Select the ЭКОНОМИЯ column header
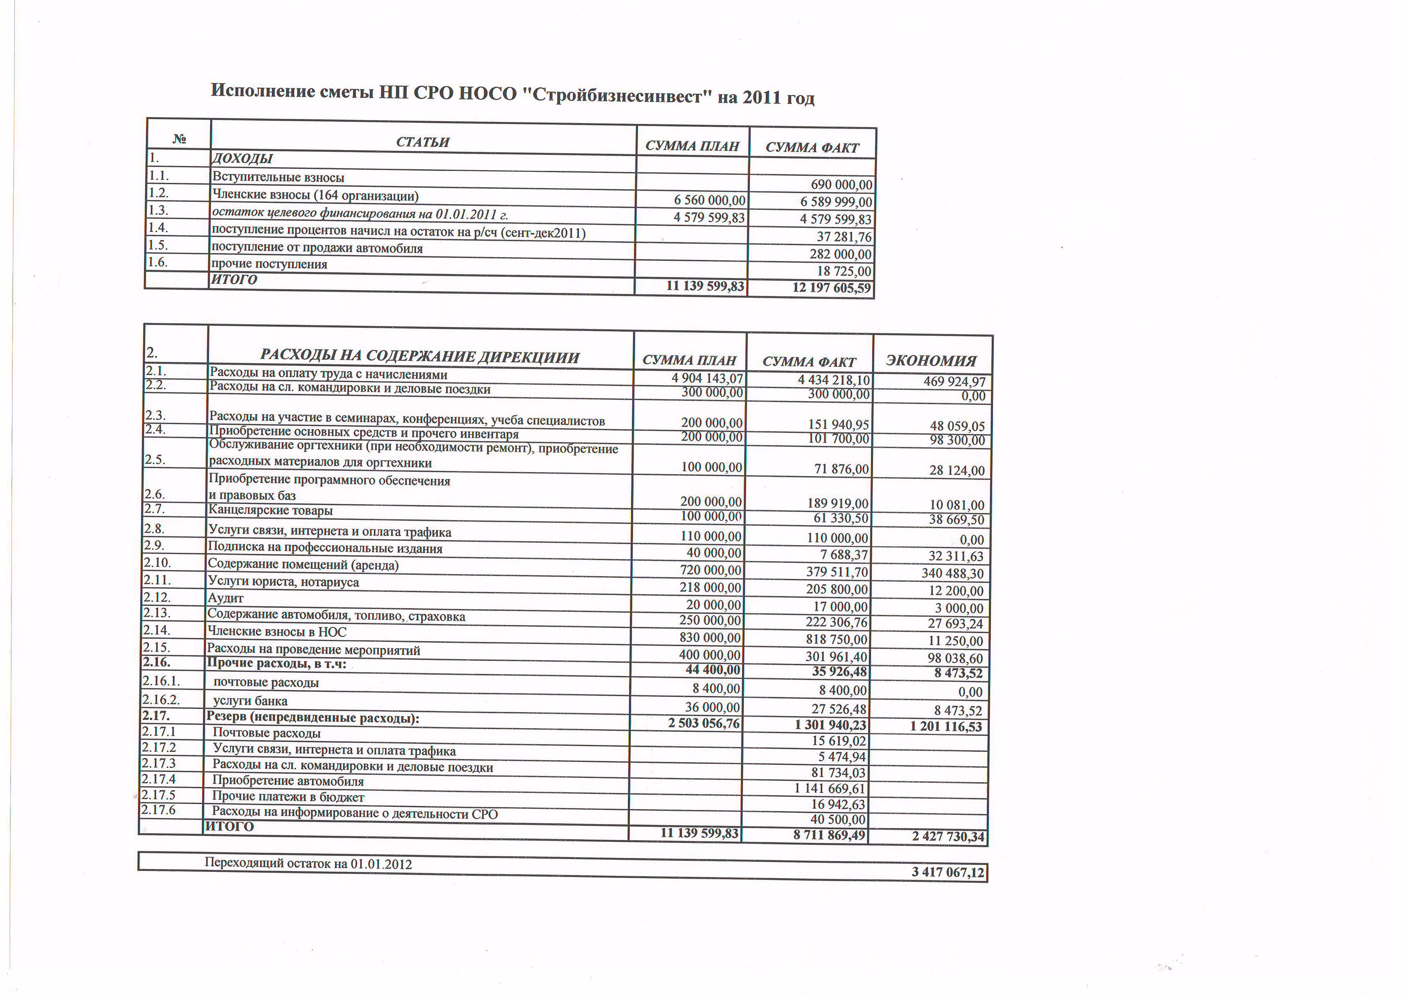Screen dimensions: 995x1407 [x=931, y=360]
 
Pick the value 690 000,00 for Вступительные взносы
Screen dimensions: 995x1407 [x=841, y=185]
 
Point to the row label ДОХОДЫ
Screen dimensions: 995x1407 [x=242, y=159]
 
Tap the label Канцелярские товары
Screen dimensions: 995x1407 [x=270, y=510]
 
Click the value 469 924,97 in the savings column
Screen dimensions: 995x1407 [x=954, y=382]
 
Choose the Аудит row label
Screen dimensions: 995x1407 [x=225, y=598]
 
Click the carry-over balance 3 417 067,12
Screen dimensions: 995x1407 [x=947, y=872]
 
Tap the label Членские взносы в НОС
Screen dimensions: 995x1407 [x=276, y=632]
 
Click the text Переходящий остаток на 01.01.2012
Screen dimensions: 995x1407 [x=308, y=863]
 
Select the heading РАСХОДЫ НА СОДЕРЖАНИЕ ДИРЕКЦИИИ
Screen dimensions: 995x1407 [x=419, y=357]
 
